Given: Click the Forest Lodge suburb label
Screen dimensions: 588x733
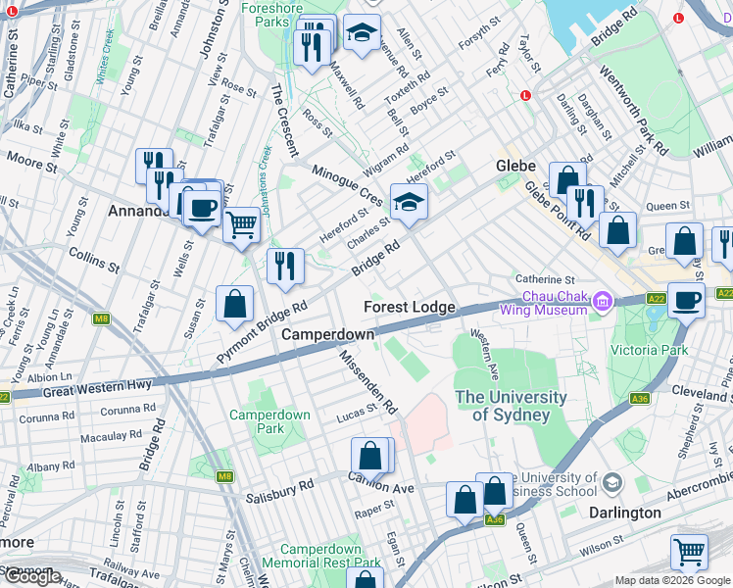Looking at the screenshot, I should tap(410, 308).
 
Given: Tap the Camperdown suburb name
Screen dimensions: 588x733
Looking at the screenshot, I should tap(328, 335).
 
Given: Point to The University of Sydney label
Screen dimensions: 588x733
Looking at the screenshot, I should tap(511, 406).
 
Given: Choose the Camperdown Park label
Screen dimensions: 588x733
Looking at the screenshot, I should tap(269, 421).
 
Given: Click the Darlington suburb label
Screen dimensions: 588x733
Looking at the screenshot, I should tap(625, 513).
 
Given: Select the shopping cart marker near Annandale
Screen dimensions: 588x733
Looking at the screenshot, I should tap(241, 224).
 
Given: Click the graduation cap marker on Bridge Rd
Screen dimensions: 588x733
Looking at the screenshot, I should tap(409, 203).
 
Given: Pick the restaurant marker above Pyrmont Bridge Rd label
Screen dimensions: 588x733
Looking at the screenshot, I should tap(285, 266).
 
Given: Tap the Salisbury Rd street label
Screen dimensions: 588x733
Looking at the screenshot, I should tap(279, 485).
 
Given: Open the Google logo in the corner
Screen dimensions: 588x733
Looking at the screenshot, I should tap(31, 577).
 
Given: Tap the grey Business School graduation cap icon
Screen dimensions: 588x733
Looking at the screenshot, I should tap(612, 482).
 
